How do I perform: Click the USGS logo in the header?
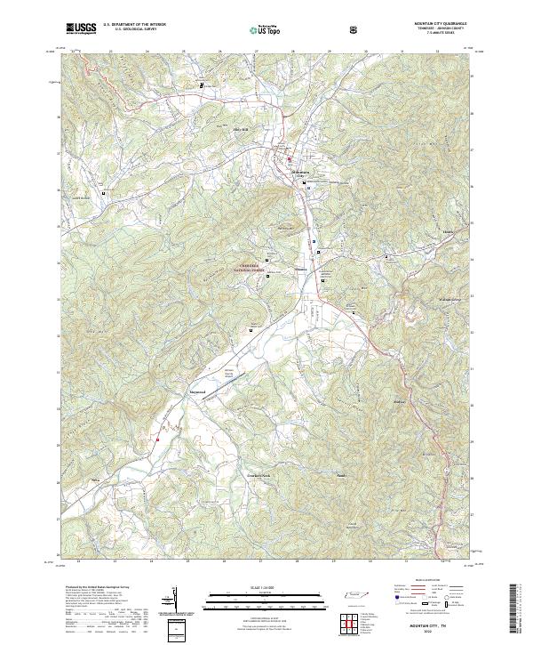point(81,28)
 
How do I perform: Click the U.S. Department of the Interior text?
point(134,25)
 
